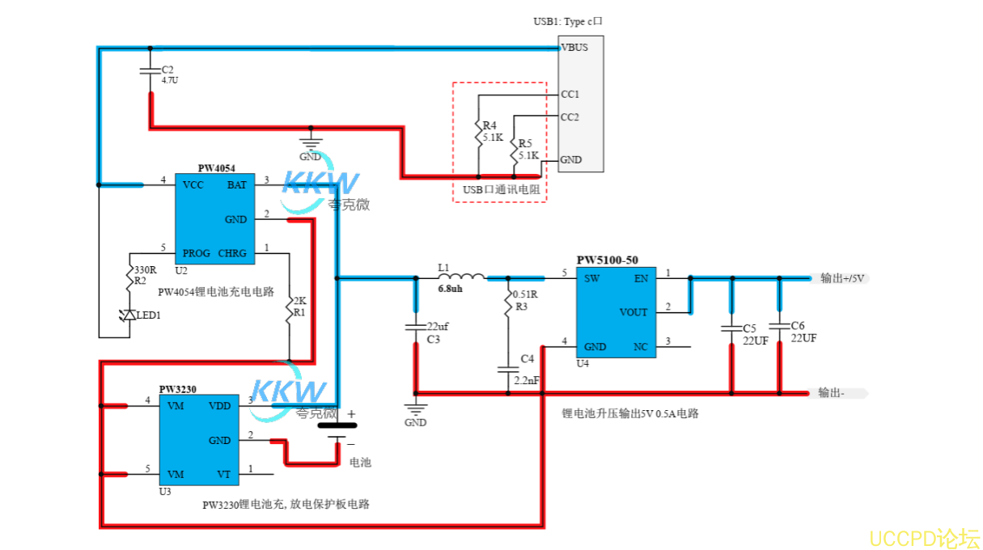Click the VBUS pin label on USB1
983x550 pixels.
[x=574, y=48]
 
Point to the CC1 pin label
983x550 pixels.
[x=570, y=94]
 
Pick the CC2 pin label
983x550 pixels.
[x=570, y=117]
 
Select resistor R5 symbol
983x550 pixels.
[x=514, y=149]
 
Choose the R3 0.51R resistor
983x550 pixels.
[x=507, y=306]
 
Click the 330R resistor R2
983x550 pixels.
[x=130, y=276]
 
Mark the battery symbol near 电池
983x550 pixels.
[x=337, y=429]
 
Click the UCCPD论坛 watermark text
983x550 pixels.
[x=924, y=537]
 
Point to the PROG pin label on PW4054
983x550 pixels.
[x=197, y=253]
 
